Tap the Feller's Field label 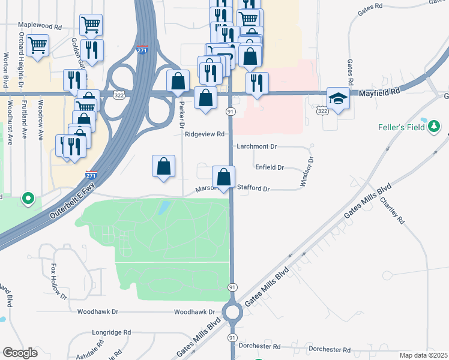pos(401,127)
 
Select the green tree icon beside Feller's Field pos(434,127)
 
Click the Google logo pos(20,352)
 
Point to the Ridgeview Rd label pos(205,134)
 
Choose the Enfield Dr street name pos(270,167)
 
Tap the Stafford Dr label pos(254,188)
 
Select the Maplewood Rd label pos(40,27)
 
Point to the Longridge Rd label pos(111,332)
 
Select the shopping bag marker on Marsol pos(223,178)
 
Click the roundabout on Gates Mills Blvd pos(232,311)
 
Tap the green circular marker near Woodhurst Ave pos(28,198)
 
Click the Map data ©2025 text pos(423,355)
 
